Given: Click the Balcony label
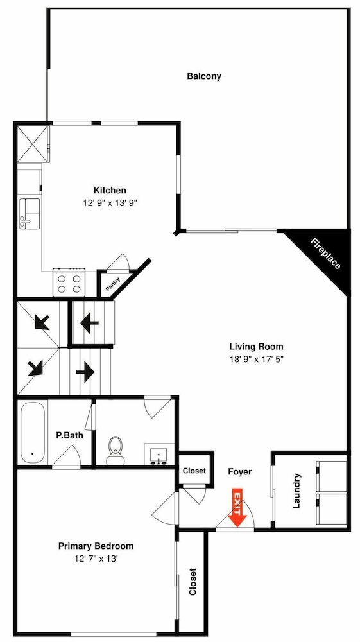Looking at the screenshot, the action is pos(203,76).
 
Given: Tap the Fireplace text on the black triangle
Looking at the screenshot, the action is pos(325,254).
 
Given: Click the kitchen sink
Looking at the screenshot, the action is pos(30,213).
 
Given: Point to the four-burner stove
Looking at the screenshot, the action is pos(69,282).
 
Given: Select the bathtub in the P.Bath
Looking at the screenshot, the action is pos(32,433).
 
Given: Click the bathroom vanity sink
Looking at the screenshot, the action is pos(158,456).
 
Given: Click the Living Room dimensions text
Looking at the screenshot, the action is pos(257,359).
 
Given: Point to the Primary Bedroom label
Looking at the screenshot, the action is pos(96,546).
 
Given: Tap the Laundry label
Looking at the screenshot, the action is pos(297,491).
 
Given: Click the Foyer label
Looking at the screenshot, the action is pos(240,472).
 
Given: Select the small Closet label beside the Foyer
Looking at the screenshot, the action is pos(194,471).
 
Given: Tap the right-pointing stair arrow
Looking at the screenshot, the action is pos(85,372).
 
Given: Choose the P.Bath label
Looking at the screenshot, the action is pos(69,435).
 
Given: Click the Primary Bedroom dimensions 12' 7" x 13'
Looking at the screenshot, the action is pos(96,558).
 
